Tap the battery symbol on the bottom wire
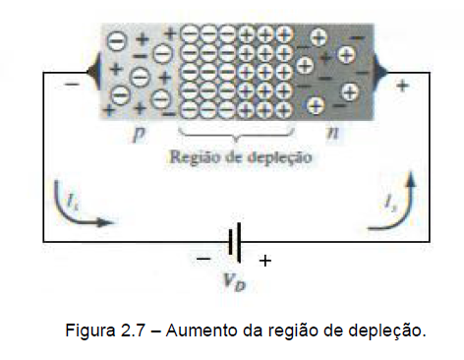pos(234,240)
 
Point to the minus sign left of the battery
pos(203,260)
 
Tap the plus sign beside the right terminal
pos(402,87)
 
